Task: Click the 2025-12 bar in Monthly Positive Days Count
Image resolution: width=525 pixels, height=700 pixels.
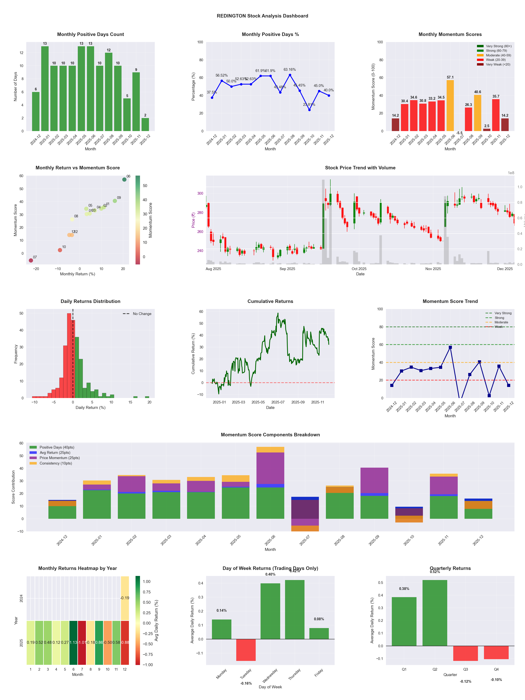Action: pyautogui.click(x=145, y=124)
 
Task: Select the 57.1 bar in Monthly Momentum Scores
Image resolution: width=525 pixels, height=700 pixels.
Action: pyautogui.click(x=450, y=105)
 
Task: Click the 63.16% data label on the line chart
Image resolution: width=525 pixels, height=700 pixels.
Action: pyautogui.click(x=290, y=70)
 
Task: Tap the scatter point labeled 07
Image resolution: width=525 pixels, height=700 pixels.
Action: pyautogui.click(x=31, y=260)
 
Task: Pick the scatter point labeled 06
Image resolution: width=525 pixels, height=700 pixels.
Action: pyautogui.click(x=124, y=179)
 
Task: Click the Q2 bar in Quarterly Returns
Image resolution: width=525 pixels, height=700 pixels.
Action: pyautogui.click(x=435, y=613)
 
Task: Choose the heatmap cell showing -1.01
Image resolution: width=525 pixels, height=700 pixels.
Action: pyautogui.click(x=82, y=642)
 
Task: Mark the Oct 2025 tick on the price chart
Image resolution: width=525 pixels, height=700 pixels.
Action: pyautogui.click(x=359, y=269)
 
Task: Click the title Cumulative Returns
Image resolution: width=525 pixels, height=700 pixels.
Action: pyautogui.click(x=270, y=301)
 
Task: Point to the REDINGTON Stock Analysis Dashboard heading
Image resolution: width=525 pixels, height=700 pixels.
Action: pyautogui.click(x=262, y=16)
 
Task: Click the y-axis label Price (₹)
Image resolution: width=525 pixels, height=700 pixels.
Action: pyautogui.click(x=193, y=220)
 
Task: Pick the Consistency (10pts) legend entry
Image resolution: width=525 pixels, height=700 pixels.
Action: pyautogui.click(x=56, y=463)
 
